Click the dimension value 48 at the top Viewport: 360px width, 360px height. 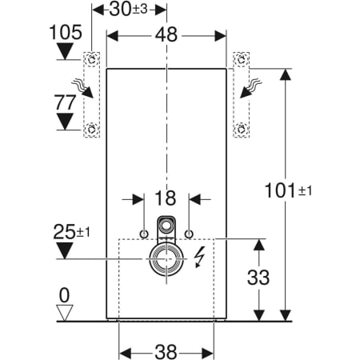tap(167, 36)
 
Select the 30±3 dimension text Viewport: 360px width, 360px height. tap(130, 10)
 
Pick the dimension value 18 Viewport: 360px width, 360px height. tap(166, 198)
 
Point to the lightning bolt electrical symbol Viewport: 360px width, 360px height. tap(200, 258)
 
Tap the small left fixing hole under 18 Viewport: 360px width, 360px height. tap(144, 233)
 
